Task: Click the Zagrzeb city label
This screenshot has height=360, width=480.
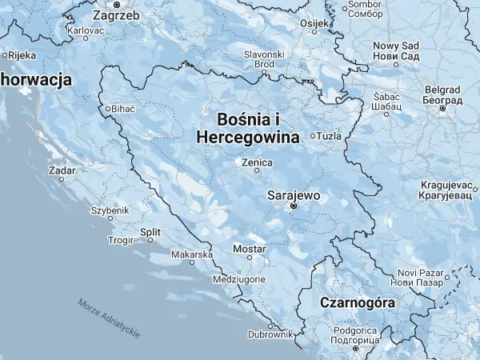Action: tap(117, 14)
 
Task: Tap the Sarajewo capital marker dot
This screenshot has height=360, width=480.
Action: tap(293, 206)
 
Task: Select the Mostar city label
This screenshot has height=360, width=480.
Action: tap(248, 248)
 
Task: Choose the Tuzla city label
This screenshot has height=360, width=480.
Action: tap(329, 136)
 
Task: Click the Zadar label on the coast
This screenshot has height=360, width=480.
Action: tap(62, 170)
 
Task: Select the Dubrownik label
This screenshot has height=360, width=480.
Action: tap(270, 334)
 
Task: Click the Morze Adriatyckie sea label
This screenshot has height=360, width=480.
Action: tap(110, 316)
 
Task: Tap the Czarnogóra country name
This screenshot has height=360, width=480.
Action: tap(357, 303)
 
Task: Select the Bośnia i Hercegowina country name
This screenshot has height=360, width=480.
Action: tap(248, 128)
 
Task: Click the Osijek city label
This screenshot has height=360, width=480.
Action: tap(314, 23)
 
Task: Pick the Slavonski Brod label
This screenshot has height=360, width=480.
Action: tap(264, 59)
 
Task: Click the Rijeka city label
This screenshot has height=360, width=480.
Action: tap(21, 55)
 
